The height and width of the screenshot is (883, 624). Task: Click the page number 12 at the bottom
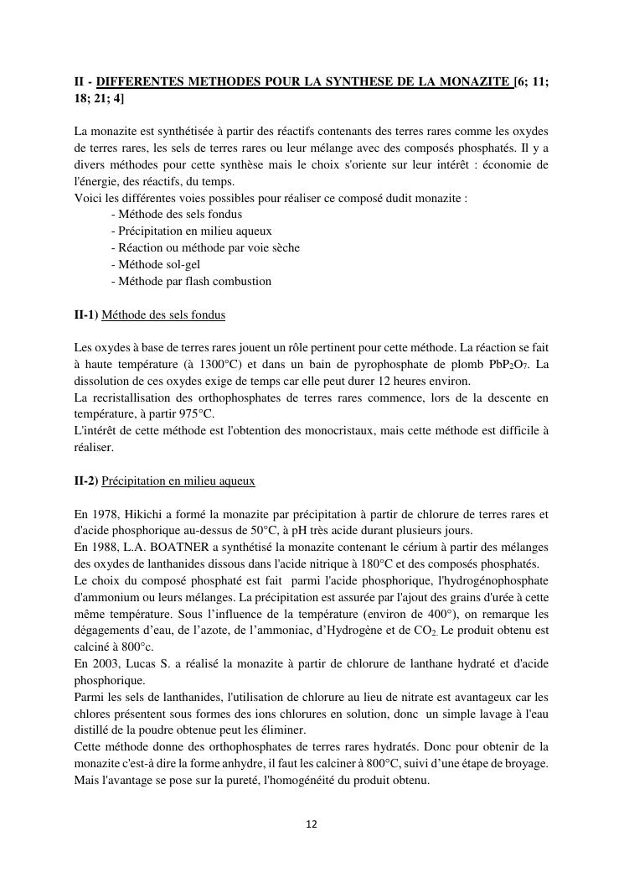312,824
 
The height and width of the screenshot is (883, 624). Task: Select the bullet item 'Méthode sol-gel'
158,264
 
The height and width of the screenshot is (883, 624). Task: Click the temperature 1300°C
222,364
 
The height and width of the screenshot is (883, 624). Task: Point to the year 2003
106,663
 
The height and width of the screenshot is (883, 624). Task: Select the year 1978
106,514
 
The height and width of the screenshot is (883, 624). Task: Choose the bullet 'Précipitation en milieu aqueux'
194,231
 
